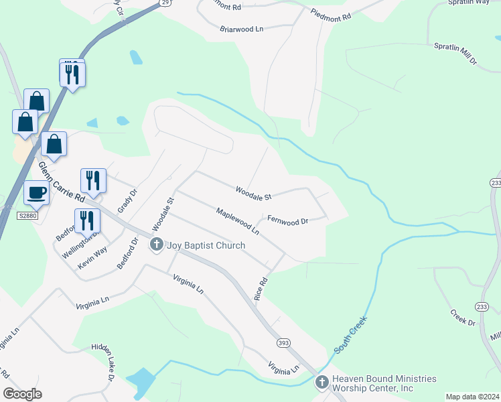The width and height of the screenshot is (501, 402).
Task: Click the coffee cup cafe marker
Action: coord(37,193)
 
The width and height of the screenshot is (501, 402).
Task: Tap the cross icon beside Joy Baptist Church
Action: coord(156,245)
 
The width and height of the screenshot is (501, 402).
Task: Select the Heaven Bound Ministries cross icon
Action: coord(321,383)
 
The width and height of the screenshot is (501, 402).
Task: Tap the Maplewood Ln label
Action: coord(237,221)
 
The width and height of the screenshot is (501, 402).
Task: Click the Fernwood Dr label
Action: coord(287,220)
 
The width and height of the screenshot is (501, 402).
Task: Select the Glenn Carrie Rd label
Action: coord(61,182)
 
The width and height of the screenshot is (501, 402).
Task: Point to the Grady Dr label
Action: coord(127,200)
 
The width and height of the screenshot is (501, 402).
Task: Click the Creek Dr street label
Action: coord(462,317)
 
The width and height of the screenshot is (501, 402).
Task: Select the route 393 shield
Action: coord(283,343)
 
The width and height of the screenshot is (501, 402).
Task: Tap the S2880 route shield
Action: coord(26,216)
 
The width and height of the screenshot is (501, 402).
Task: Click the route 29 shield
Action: coord(165,3)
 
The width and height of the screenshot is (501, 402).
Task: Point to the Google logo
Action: coord(23,394)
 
